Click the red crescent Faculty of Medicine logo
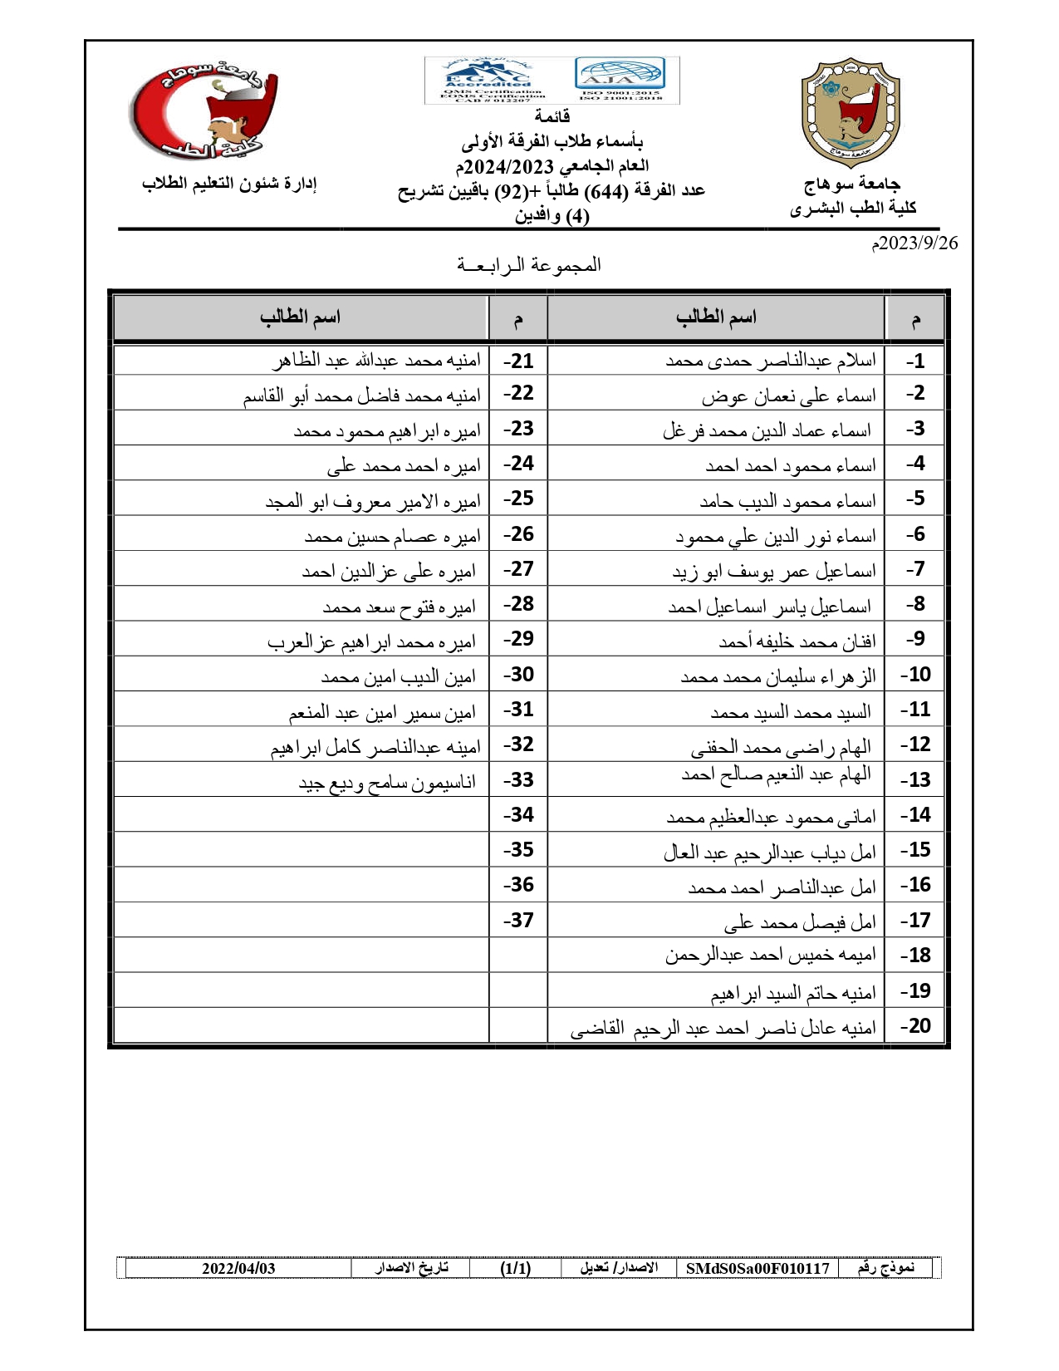(203, 111)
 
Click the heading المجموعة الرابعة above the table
(528, 265)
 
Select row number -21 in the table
(518, 361)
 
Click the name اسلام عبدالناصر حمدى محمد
(770, 361)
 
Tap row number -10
(915, 675)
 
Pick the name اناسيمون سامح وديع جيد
(387, 782)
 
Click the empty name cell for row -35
(301, 850)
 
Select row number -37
(518, 921)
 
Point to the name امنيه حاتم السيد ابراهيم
(792, 992)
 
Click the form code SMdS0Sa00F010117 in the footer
(757, 1268)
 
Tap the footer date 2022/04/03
(238, 1268)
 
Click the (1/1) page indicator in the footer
(515, 1268)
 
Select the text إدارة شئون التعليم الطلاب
(229, 184)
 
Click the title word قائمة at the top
(552, 116)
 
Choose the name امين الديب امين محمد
(398, 677)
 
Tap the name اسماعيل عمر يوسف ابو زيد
(773, 572)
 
